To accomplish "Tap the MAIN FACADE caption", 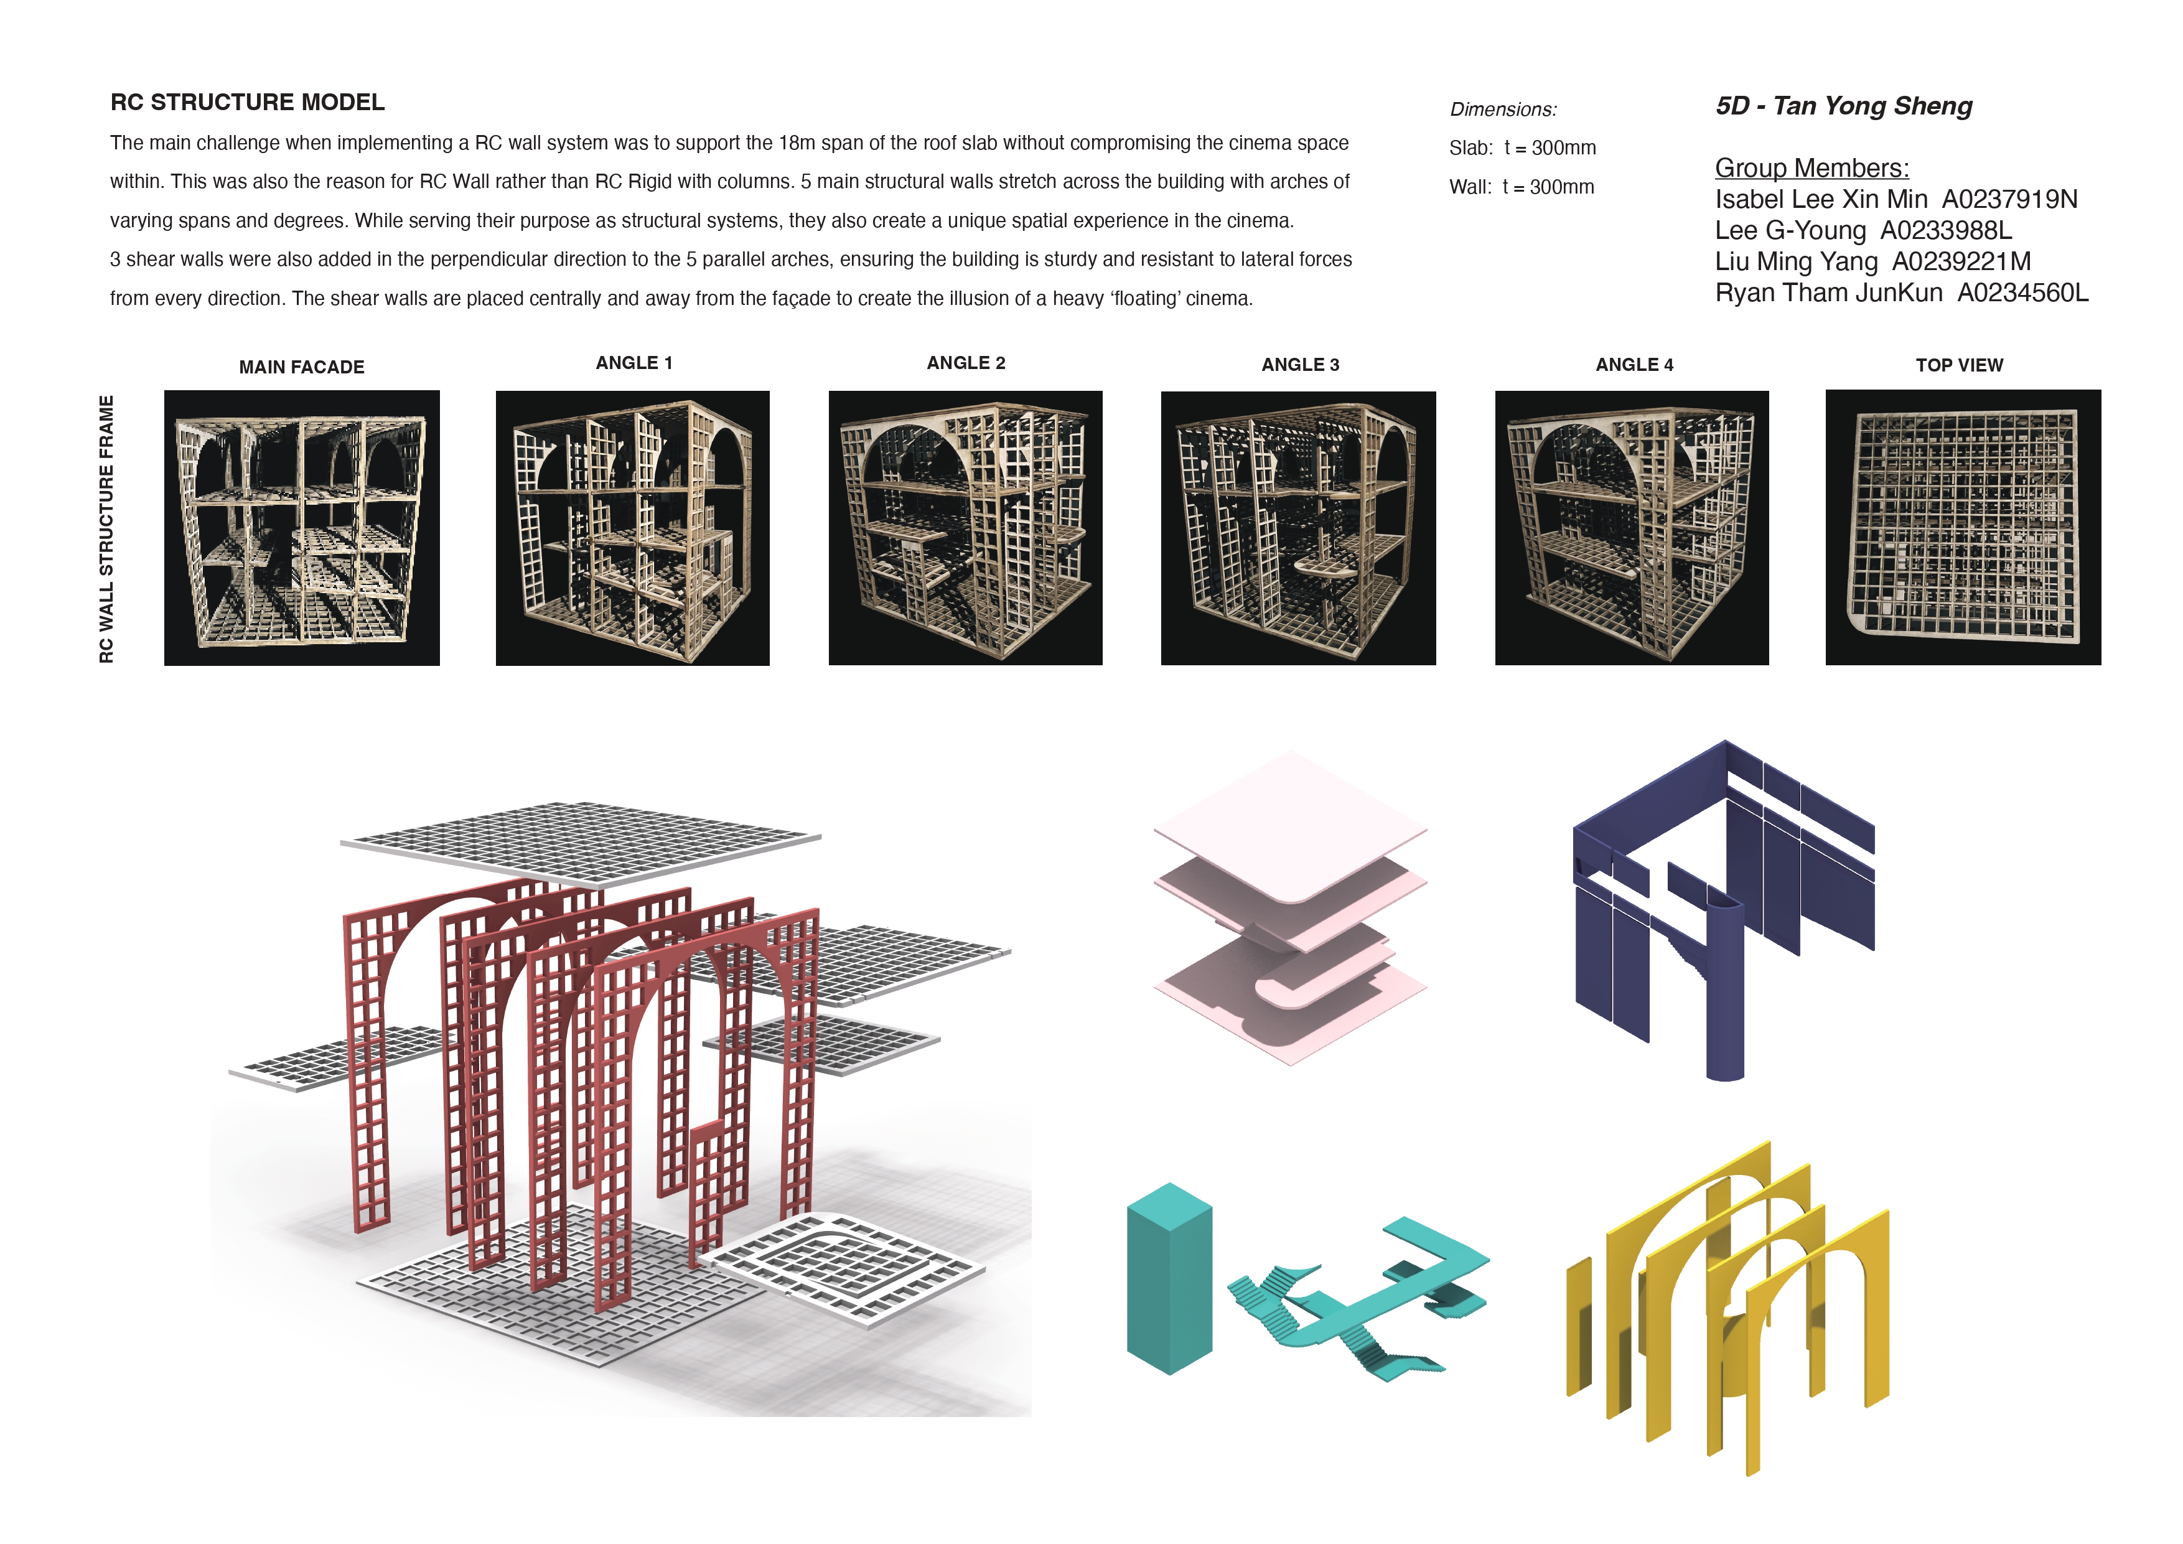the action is (x=301, y=367).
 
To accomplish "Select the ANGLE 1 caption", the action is (x=634, y=363).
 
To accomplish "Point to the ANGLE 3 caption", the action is (x=1300, y=365).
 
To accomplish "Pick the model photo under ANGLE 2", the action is (x=965, y=528).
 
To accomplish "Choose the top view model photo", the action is (x=1963, y=528).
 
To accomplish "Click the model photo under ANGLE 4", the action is (x=1632, y=528).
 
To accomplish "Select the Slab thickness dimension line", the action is (x=1522, y=148).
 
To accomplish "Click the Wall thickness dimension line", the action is (x=1522, y=187).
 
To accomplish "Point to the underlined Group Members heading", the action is (x=1811, y=168).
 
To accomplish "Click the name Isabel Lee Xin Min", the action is (x=1821, y=200).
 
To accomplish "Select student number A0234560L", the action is (x=2022, y=293).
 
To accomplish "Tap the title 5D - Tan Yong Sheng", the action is (x=1844, y=106).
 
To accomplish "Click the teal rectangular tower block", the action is (x=1169, y=1279).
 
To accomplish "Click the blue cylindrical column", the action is (x=1726, y=989).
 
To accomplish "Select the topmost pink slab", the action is (x=1290, y=825).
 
